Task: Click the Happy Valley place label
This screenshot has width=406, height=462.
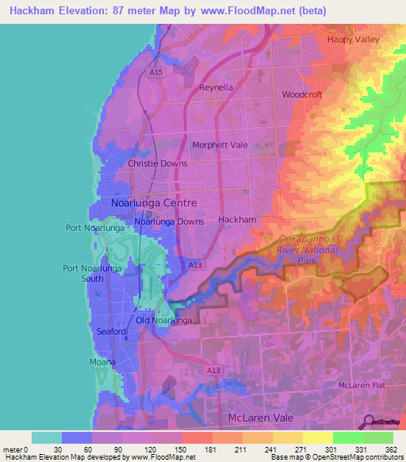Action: pos(354,39)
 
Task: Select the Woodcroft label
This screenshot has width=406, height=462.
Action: pos(303,94)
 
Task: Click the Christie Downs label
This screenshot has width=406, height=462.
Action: pos(158,164)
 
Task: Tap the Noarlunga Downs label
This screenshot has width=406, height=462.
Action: pos(169,222)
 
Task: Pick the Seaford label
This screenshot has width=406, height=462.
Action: pos(111,331)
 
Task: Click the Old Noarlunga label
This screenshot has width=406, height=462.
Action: pos(164,320)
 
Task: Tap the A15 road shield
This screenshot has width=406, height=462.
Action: pos(156,72)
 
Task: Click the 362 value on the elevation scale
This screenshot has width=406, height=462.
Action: pos(391,449)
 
